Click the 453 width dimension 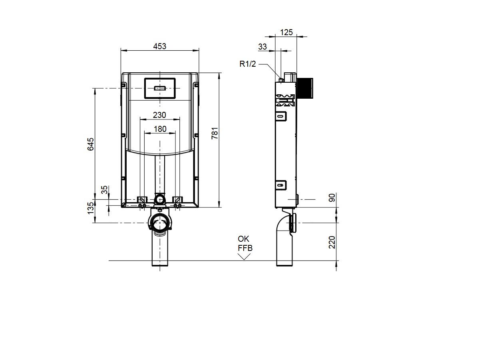click(159, 46)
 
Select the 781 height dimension click(215, 133)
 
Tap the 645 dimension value click(91, 144)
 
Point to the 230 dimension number click(159, 115)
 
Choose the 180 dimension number click(160, 129)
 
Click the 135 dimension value click(91, 208)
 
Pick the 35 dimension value click(104, 190)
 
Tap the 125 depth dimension click(286, 32)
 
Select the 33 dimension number click(262, 47)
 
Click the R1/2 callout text click(248, 64)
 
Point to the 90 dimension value click(332, 197)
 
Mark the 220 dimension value click(332, 243)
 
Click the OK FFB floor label click(245, 243)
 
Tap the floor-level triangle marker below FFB click(244, 257)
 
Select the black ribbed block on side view click(305, 88)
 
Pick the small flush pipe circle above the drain click(159, 199)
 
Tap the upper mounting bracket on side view click(281, 116)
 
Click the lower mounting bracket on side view click(281, 185)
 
